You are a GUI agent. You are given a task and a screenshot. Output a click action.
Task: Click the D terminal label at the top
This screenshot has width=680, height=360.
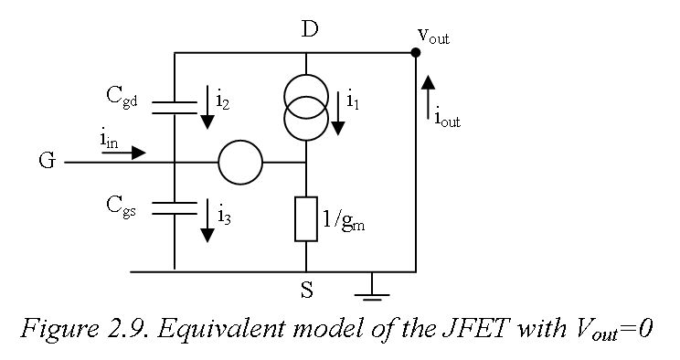tap(309, 29)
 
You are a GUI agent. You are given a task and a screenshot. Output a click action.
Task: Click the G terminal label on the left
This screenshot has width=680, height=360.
tap(46, 162)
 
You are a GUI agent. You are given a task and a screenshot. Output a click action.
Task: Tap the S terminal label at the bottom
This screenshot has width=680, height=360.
tap(306, 291)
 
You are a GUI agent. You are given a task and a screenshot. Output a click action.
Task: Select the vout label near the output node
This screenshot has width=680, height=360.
tap(432, 36)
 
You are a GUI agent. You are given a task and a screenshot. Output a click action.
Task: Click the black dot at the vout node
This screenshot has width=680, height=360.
tap(416, 52)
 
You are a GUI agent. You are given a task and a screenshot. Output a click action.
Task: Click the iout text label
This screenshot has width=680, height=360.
tap(447, 117)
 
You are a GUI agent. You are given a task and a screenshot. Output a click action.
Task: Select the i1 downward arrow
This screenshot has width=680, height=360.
tap(338, 112)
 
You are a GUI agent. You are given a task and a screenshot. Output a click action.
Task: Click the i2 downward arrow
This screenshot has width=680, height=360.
tap(207, 107)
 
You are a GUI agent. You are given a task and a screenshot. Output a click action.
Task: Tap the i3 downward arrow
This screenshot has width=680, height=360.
tap(207, 220)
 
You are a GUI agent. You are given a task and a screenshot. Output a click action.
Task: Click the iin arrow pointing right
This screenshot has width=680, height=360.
tap(124, 153)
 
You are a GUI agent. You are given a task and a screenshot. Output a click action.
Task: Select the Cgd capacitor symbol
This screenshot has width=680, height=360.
tap(175, 108)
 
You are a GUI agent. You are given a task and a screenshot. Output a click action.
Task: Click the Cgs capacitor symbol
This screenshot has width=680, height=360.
tap(175, 208)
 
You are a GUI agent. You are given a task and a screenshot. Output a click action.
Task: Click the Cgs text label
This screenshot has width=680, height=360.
tap(122, 205)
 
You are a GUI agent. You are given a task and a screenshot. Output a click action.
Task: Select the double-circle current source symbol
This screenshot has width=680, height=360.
tap(306, 107)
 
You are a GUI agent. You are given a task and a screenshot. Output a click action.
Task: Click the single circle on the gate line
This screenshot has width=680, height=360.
tap(240, 163)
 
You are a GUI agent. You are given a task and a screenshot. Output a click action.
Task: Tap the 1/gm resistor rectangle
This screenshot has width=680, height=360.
tap(306, 219)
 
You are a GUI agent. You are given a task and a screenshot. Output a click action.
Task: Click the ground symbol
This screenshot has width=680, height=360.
tap(371, 288)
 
